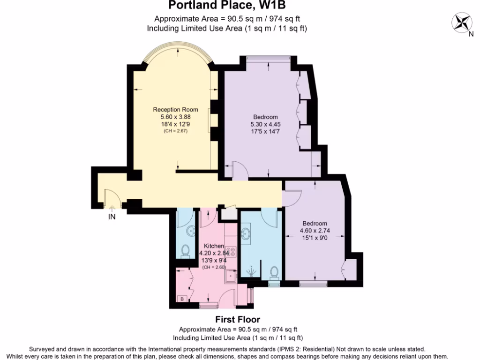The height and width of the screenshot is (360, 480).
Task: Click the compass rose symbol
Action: pyautogui.click(x=463, y=22)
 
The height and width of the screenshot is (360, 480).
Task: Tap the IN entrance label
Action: pyautogui.click(x=112, y=217)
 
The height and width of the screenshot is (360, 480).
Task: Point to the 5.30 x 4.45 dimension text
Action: pyautogui.click(x=265, y=124)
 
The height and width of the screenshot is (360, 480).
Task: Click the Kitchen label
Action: pyautogui.click(x=214, y=246)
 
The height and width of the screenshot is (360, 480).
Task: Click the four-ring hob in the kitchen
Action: pyautogui.click(x=230, y=251)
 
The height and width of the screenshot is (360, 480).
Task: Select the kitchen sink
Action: pyautogui.click(x=230, y=277)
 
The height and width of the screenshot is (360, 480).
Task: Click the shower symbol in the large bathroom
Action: pyautogui.click(x=250, y=272)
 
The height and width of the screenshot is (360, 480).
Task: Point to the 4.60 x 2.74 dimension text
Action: pyautogui.click(x=315, y=231)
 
